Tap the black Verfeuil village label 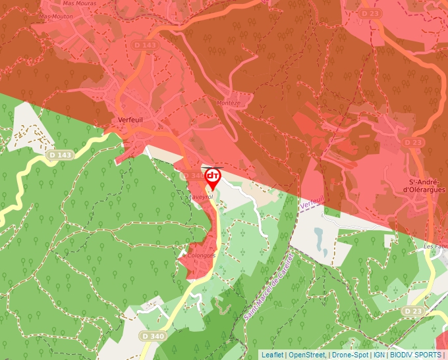[x=130, y=119]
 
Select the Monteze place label [x=228, y=103]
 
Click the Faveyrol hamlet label [x=201, y=196]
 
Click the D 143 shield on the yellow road [x=60, y=155]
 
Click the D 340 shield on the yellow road [x=152, y=336]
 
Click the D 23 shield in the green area [x=413, y=311]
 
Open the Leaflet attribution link [x=272, y=355]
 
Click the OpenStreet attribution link [x=306, y=355]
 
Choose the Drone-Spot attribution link [x=349, y=355]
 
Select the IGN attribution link [x=379, y=355]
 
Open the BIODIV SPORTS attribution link [x=416, y=355]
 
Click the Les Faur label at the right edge [x=435, y=247]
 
